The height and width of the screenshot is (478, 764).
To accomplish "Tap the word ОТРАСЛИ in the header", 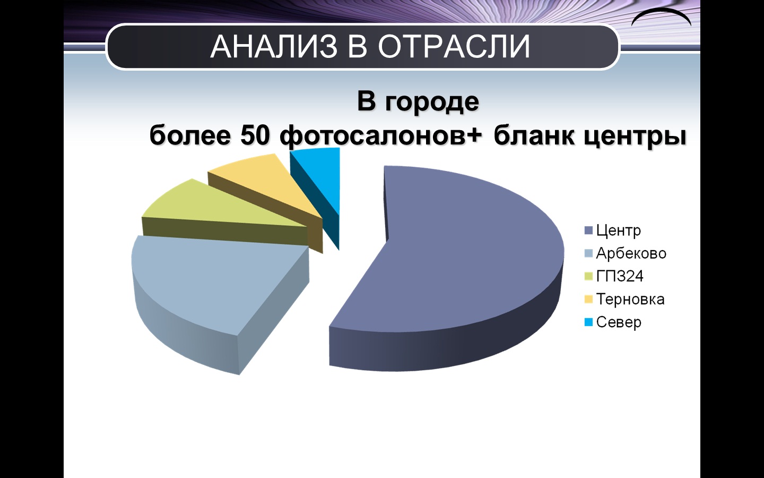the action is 454,46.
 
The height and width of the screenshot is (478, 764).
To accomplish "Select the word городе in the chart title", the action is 432,103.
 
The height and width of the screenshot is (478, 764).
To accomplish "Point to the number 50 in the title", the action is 256,136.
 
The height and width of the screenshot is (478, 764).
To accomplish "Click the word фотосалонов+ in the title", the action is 381,137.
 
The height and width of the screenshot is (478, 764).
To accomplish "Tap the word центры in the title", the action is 635,137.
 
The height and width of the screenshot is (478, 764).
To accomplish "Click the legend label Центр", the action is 619,231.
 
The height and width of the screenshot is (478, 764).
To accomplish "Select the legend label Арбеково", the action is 631,253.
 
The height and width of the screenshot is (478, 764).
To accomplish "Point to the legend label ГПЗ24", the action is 620,276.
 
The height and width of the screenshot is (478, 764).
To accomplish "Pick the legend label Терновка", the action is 630,299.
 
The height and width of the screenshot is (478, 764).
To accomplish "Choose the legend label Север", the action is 619,322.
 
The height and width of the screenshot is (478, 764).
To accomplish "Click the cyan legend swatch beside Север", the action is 588,322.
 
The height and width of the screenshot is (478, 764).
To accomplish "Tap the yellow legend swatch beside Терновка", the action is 588,299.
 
